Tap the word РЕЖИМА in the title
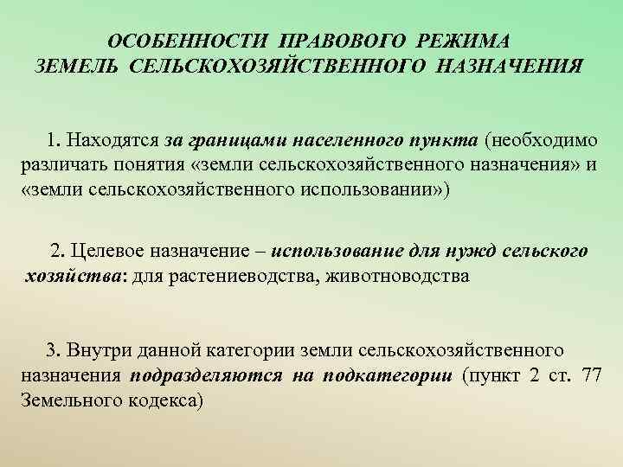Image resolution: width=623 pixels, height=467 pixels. pyautogui.click(x=466, y=42)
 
